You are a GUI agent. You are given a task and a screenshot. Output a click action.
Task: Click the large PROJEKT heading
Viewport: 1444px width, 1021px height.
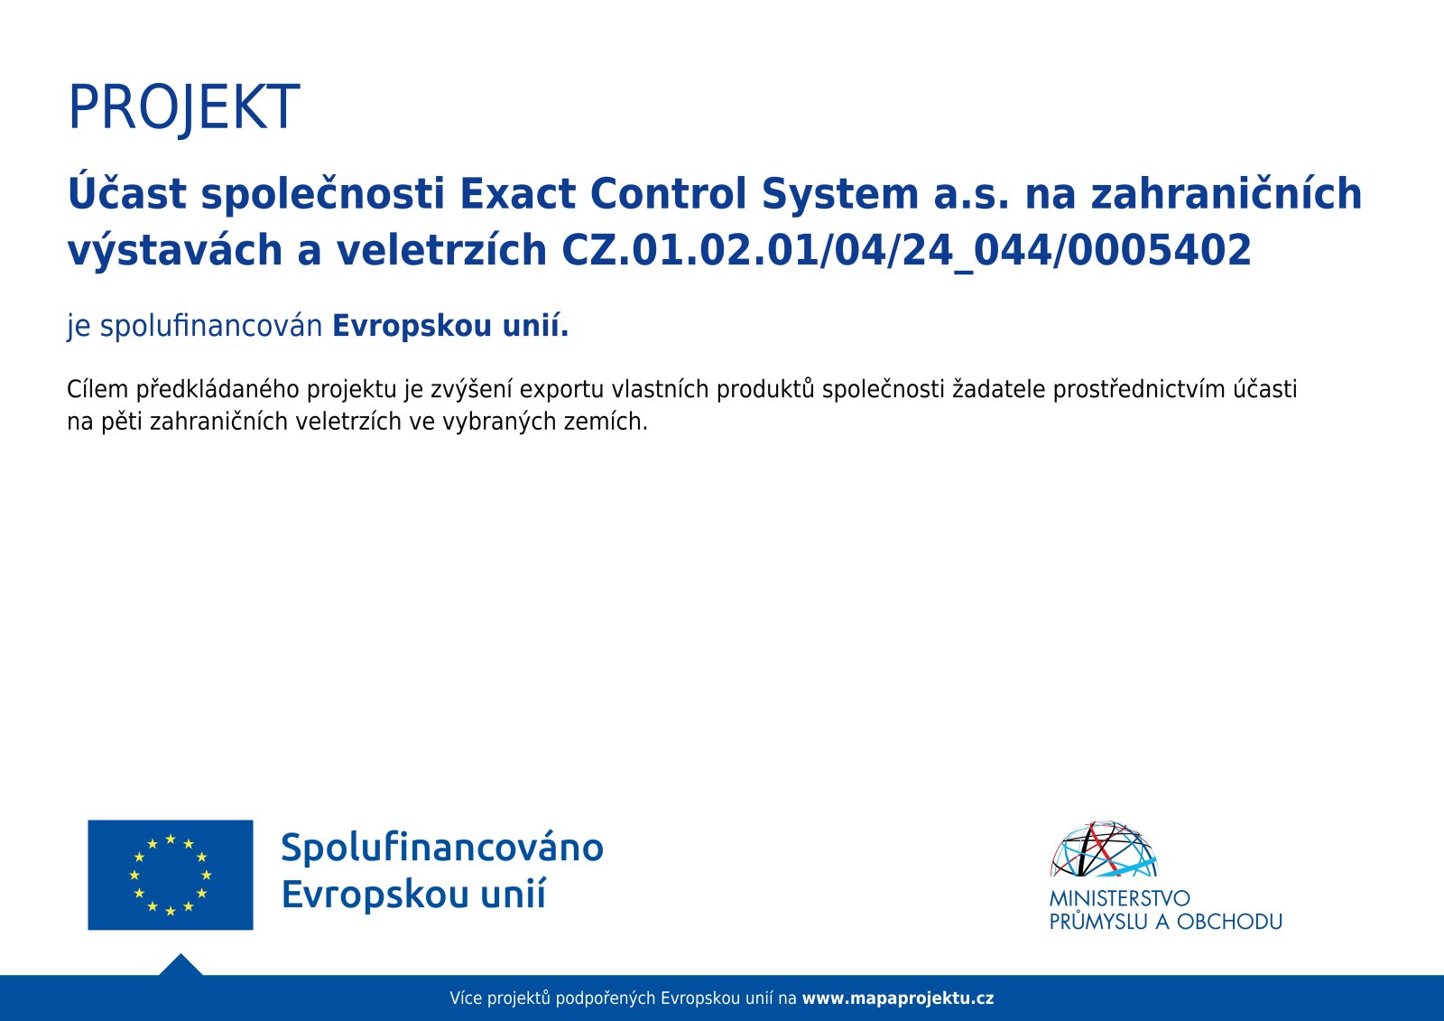[x=184, y=108]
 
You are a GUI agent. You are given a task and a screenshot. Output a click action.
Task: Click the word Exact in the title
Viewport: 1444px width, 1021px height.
[x=518, y=193]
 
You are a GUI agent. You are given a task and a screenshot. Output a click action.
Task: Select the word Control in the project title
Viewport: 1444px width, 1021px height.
[x=669, y=193]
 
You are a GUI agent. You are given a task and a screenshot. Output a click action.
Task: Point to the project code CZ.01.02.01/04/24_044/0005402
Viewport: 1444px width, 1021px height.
[x=906, y=251]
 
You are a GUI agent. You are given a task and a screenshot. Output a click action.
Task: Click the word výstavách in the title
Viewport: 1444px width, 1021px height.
[x=175, y=251]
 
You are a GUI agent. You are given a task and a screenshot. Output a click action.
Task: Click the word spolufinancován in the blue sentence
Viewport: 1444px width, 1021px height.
[x=211, y=326]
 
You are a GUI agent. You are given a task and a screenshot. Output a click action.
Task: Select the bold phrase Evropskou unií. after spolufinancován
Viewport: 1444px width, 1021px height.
[x=450, y=326]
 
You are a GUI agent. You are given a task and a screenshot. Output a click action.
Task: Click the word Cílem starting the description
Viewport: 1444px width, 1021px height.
[x=97, y=390]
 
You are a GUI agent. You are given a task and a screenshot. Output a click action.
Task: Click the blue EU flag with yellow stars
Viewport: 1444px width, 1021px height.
[x=171, y=875]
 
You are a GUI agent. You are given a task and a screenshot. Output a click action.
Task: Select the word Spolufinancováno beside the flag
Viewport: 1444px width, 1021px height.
[x=442, y=848]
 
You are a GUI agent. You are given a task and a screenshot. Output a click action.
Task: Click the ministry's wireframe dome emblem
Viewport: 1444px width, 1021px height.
[x=1104, y=849]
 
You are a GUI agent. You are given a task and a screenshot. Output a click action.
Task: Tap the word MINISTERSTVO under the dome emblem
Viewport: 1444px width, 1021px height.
[x=1119, y=898]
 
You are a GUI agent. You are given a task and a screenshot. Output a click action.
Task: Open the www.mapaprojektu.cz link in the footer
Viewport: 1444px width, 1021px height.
[x=897, y=998]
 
